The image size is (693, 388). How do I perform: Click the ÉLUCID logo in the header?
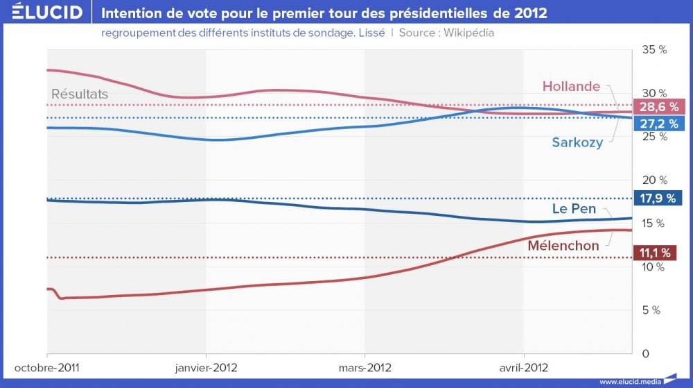42,12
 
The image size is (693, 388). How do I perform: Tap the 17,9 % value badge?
658,198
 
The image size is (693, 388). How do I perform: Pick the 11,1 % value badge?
655,253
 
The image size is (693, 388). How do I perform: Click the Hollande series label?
571,87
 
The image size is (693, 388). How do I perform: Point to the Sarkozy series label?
577,142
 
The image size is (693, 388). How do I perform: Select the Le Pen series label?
574,208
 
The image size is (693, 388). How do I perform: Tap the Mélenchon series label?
563,246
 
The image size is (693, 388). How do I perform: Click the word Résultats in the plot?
80,94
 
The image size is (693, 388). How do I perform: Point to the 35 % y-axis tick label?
654,50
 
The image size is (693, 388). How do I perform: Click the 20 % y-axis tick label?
654,180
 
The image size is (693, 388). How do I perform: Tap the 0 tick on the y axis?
645,353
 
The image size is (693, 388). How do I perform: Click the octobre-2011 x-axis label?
46,367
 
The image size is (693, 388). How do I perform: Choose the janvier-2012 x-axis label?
205,367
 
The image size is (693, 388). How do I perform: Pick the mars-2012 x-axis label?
365,367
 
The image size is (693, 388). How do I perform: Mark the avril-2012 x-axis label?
523,367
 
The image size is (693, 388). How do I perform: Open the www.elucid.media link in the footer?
629,381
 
